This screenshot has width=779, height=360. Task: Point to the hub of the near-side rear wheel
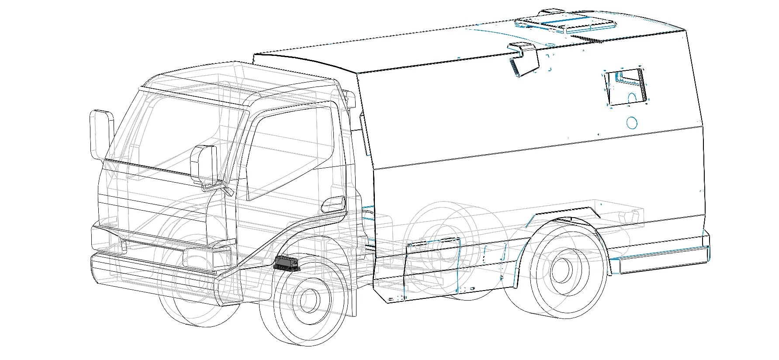pos(561,269)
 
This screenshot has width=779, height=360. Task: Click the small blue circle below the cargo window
pos(631,122)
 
